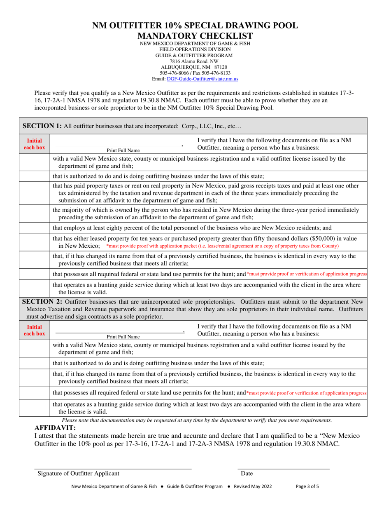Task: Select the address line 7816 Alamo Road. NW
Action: point(195,61)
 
